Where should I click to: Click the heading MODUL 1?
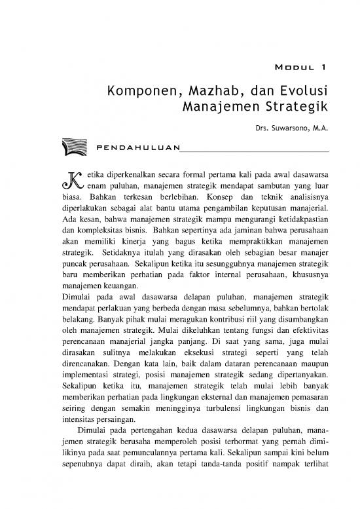pos(299,66)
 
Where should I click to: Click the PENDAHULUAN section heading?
pos(137,151)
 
